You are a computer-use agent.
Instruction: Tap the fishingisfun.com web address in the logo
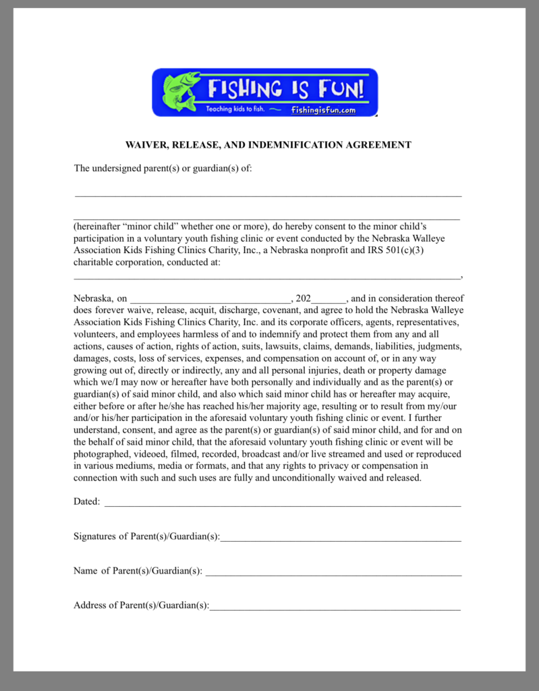[323, 110]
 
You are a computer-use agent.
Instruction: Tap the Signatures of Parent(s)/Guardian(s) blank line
[341, 540]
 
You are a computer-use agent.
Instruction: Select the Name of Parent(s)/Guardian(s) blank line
[333, 574]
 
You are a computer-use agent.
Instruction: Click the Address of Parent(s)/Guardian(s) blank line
[335, 609]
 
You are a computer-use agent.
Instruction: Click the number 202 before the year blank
[303, 298]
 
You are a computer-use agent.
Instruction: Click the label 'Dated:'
[86, 501]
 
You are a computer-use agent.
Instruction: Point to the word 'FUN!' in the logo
[344, 88]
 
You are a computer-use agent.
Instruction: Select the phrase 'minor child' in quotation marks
[153, 226]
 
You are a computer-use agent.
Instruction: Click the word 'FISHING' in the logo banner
[244, 88]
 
